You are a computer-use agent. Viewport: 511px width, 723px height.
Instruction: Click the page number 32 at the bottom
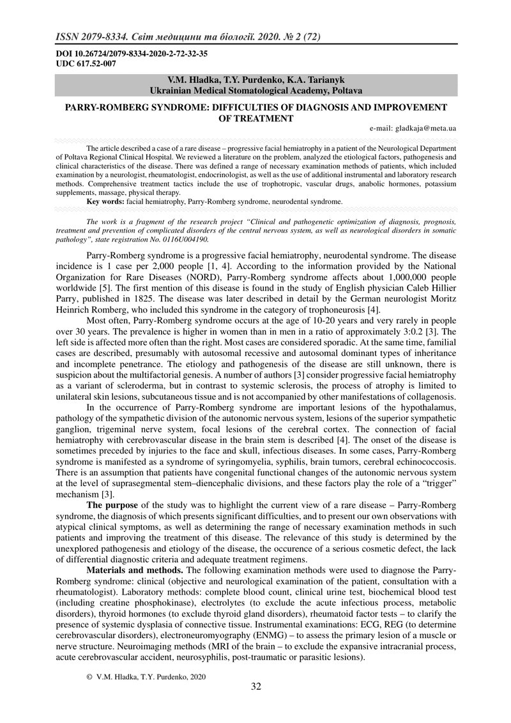coord(256,687)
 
